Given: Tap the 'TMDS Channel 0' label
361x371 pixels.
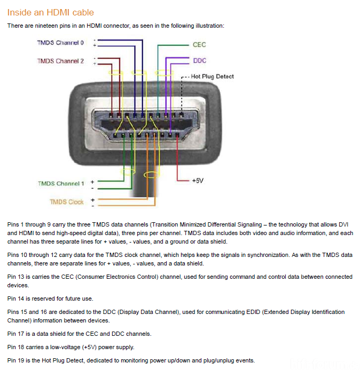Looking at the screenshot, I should tap(60, 43).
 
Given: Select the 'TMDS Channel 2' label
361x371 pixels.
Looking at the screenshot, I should tap(60, 61).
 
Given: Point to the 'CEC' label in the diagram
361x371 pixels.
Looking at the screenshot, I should tap(199, 45).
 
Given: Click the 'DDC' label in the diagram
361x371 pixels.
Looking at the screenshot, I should tap(199, 61).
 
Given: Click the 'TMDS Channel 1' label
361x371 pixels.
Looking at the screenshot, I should tap(61, 183).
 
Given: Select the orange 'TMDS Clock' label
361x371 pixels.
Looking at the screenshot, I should tap(67, 202).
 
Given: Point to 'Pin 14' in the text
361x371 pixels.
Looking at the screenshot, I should tap(17, 299).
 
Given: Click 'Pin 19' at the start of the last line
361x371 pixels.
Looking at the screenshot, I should tap(17, 360).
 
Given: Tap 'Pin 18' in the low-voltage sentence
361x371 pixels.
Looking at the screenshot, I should tap(17, 347).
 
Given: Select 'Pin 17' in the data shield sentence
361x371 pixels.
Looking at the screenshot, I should tap(17, 334).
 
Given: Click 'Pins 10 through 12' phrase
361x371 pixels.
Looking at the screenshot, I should tap(32, 255).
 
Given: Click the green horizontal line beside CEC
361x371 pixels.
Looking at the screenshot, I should tap(174, 45).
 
